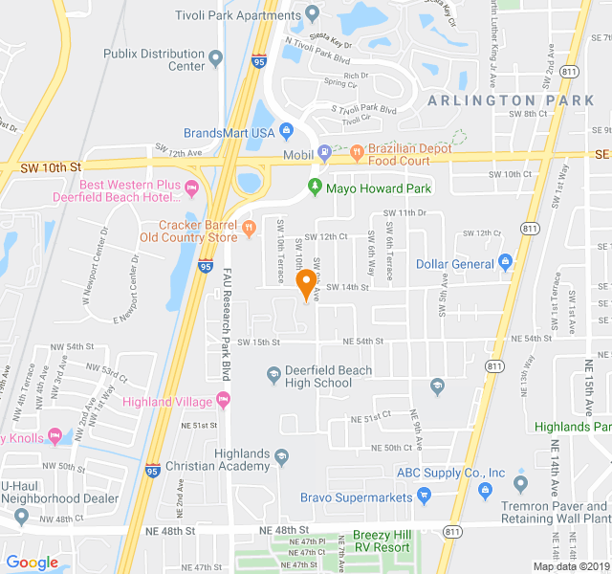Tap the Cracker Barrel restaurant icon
pyautogui.click(x=249, y=227)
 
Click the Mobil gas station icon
pyautogui.click(x=324, y=151)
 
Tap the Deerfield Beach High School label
pyautogui.click(x=318, y=376)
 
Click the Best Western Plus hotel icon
pyautogui.click(x=191, y=186)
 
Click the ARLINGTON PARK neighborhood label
pyautogui.click(x=496, y=100)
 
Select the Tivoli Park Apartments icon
pyautogui.click(x=312, y=13)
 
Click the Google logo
pyautogui.click(x=33, y=563)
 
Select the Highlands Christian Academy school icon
pyautogui.click(x=281, y=458)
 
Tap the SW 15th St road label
pyautogui.click(x=258, y=342)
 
